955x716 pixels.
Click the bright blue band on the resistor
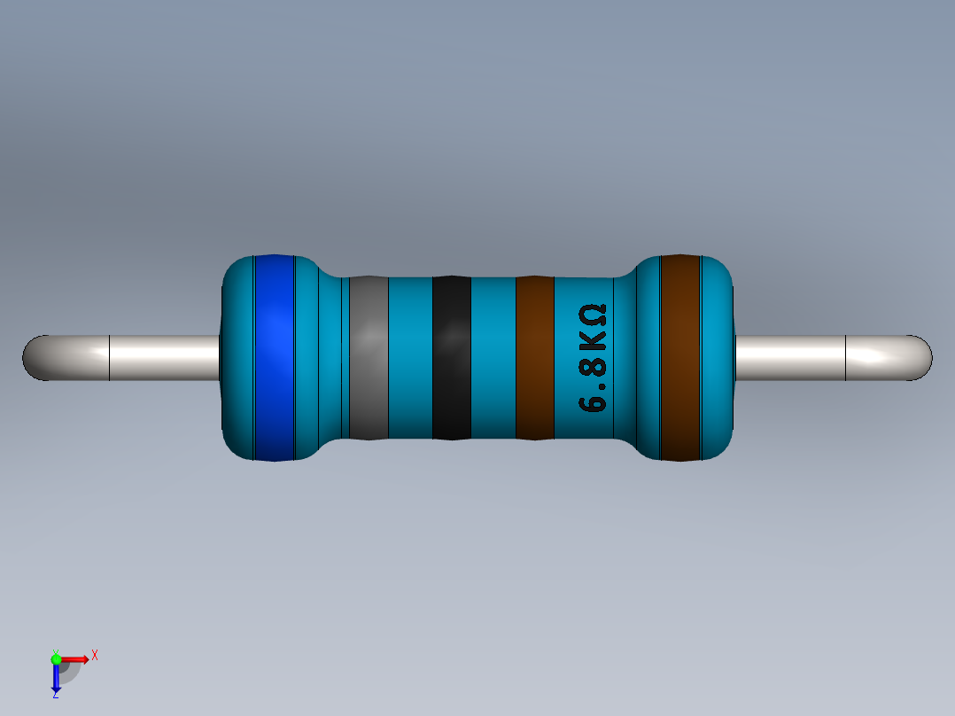pyautogui.click(x=274, y=357)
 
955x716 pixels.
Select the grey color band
pyautogui.click(x=369, y=357)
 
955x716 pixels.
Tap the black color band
pyautogui.click(x=451, y=357)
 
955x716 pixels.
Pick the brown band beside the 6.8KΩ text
pyautogui.click(x=534, y=357)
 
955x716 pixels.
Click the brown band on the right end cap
pyautogui.click(x=680, y=357)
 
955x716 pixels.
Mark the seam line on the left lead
pyautogui.click(x=109, y=358)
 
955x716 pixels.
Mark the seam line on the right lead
pyautogui.click(x=846, y=358)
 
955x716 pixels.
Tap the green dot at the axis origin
pyautogui.click(x=56, y=658)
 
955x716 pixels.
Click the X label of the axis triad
pyautogui.click(x=94, y=656)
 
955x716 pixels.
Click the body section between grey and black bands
pyautogui.click(x=410, y=357)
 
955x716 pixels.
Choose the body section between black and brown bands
pyautogui.click(x=493, y=357)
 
